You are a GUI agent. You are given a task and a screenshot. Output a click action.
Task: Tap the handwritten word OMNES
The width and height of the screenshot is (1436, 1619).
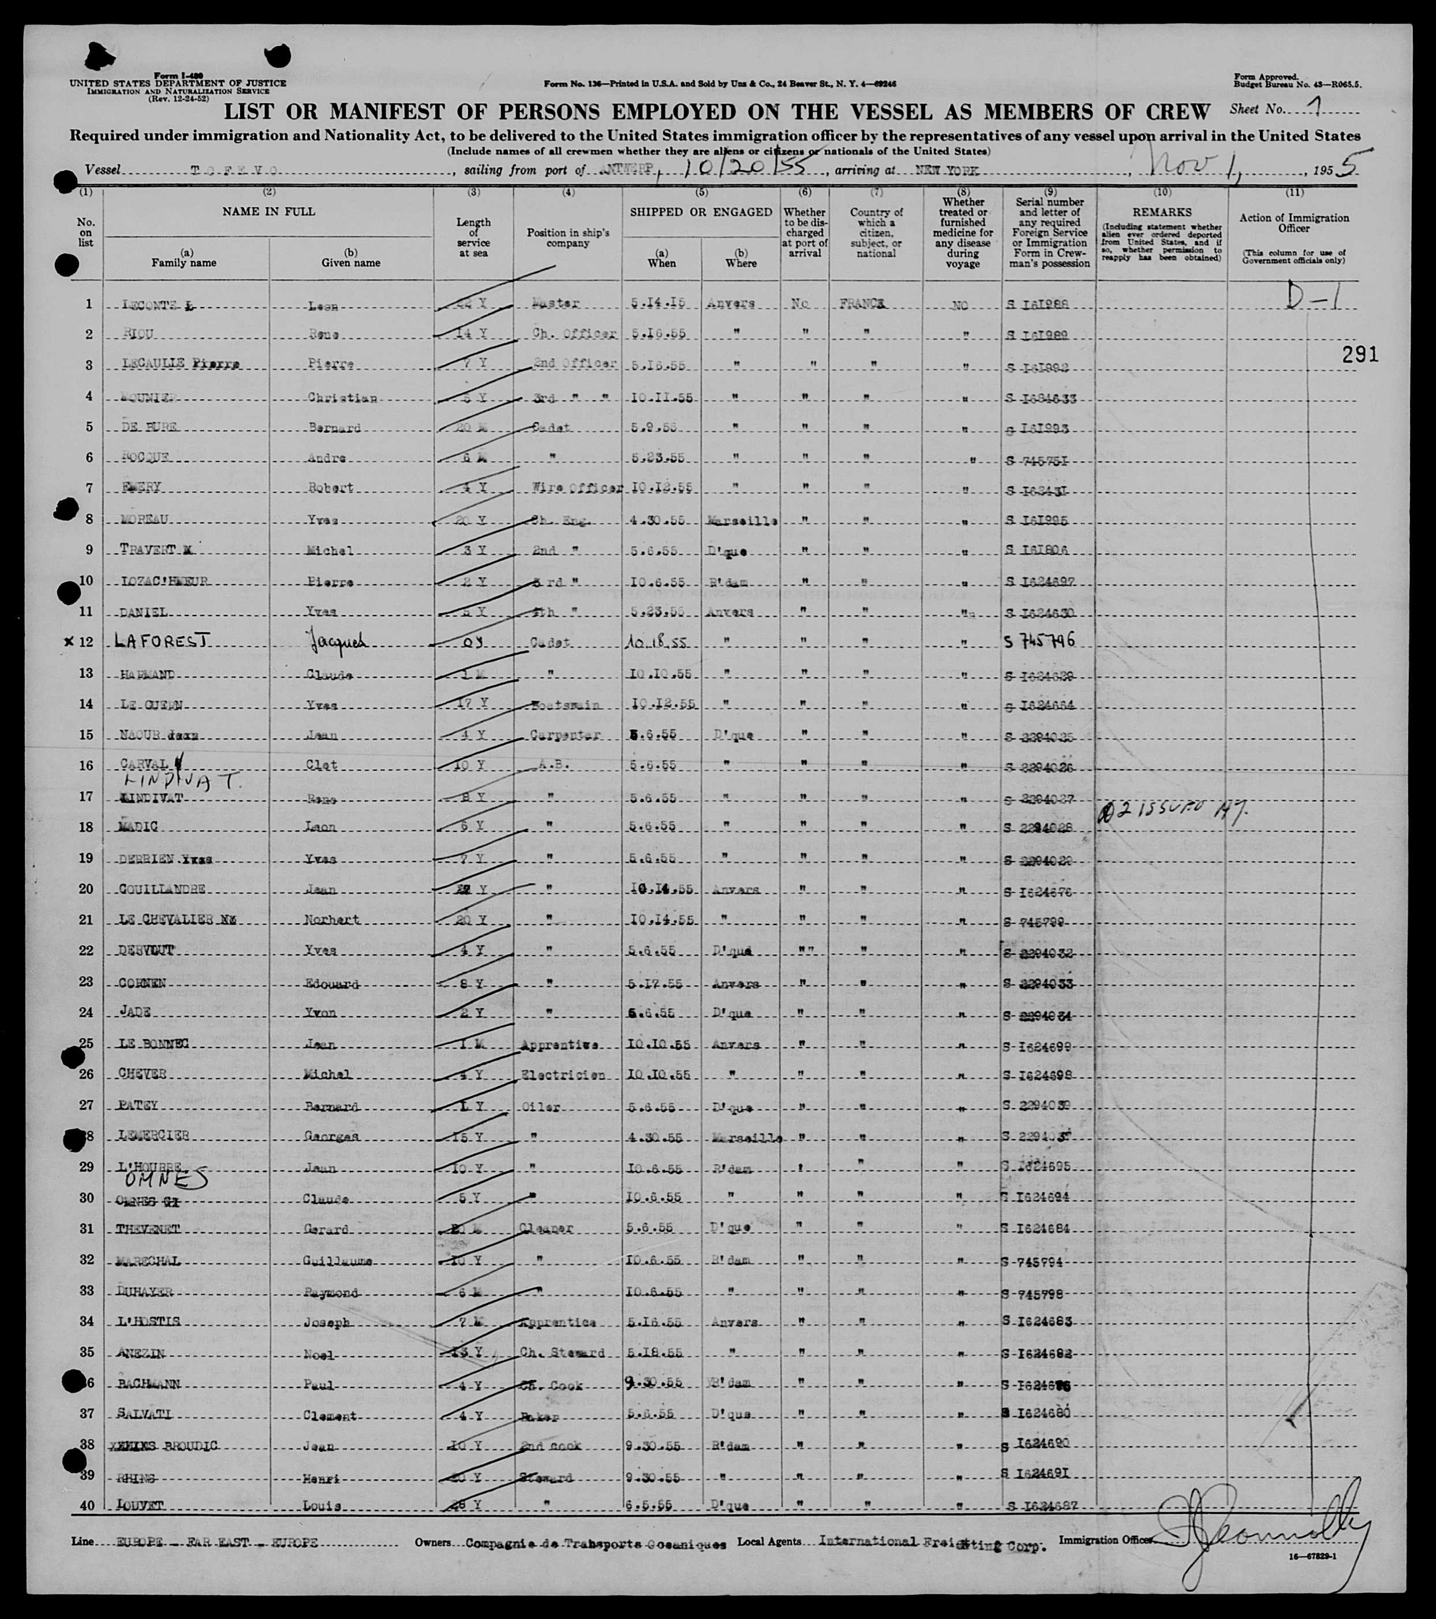point(170,1180)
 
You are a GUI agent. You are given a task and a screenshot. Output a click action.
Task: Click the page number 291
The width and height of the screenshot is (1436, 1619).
point(1360,354)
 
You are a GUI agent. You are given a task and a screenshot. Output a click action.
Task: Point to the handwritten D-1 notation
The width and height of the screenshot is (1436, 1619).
point(1310,298)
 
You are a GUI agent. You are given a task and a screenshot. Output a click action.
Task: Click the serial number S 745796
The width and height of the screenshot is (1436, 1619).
point(1040,641)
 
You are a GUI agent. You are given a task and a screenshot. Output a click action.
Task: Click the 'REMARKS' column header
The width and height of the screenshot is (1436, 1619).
point(1161,212)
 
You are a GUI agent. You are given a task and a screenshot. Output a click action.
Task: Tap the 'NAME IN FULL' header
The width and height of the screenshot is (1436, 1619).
point(268,211)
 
